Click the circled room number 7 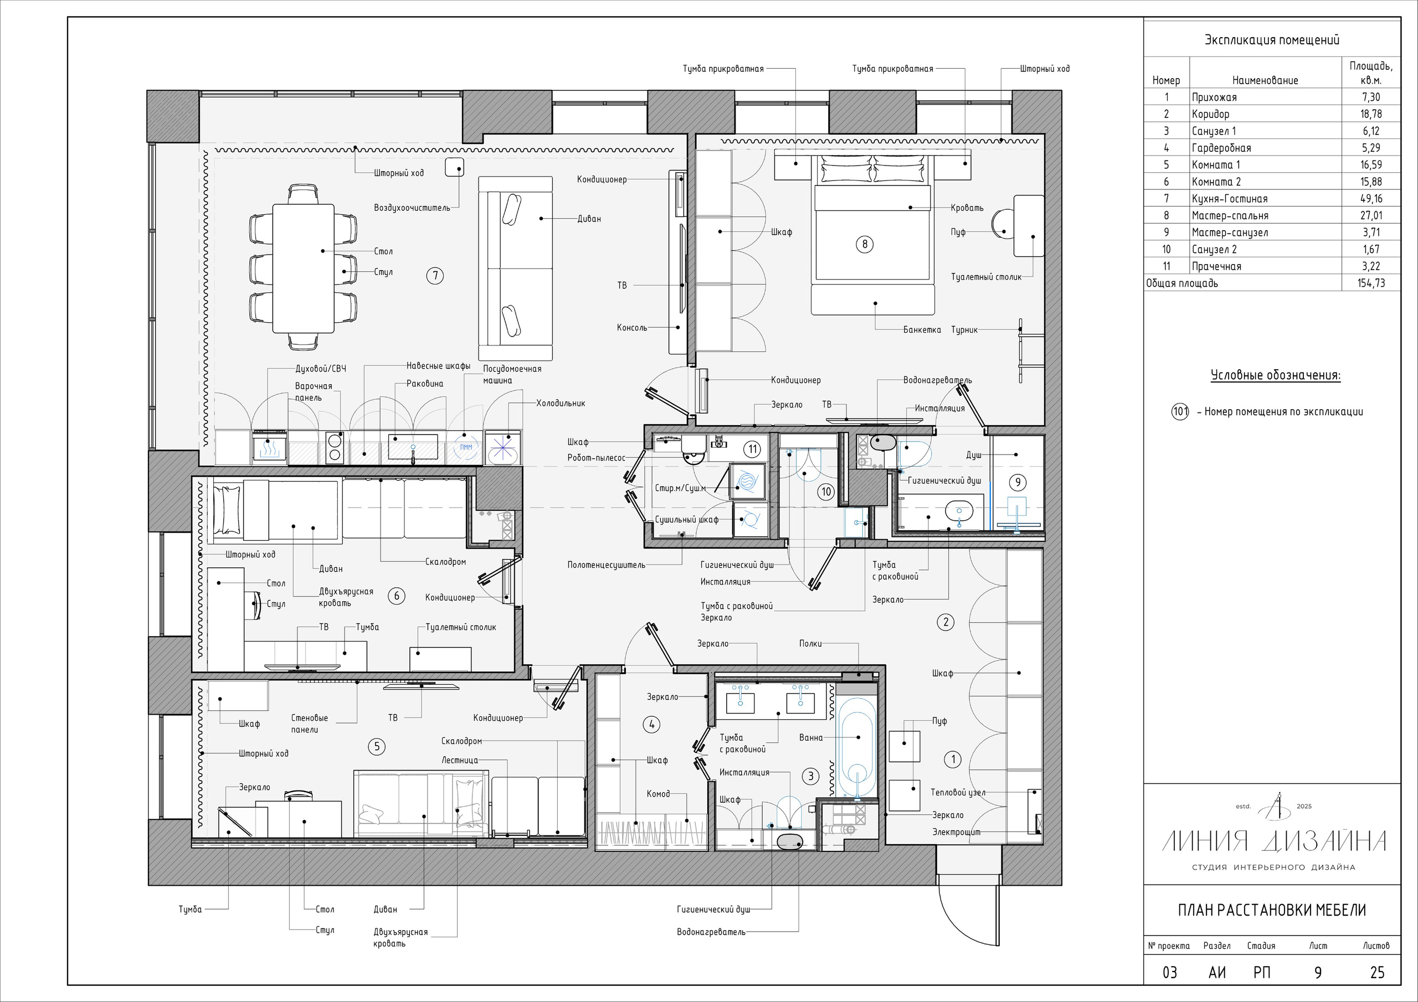tap(435, 275)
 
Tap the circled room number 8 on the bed tap(865, 245)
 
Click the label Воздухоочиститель tap(412, 208)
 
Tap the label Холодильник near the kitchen tap(560, 404)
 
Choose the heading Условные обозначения tap(1275, 375)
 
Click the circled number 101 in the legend tap(1180, 412)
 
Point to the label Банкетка tap(922, 330)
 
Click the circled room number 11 tap(752, 450)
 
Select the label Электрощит tap(956, 832)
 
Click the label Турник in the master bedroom tap(965, 330)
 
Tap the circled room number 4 tap(652, 725)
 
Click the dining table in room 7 tap(303, 260)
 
